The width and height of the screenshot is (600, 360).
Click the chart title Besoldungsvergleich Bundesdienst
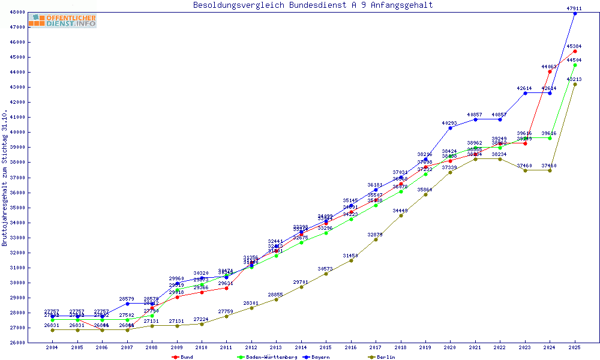313,5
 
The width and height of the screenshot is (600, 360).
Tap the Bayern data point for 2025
575,13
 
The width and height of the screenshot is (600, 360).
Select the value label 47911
575,8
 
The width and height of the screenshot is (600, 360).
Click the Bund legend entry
183,357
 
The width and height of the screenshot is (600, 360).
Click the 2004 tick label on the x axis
52,347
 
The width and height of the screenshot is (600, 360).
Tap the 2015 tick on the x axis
326,347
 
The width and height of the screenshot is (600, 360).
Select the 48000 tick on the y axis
17,12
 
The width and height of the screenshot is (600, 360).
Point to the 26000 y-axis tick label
17,343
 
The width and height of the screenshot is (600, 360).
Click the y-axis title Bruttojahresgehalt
5,178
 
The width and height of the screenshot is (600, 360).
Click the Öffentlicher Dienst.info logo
62,20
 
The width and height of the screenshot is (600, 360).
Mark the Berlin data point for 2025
575,84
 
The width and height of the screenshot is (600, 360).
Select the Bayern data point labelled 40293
450,128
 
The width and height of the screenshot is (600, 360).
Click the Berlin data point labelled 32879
376,239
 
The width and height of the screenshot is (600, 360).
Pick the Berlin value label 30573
326,269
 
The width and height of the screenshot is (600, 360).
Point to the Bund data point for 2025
575,51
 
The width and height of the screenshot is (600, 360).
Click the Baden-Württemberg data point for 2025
575,65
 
